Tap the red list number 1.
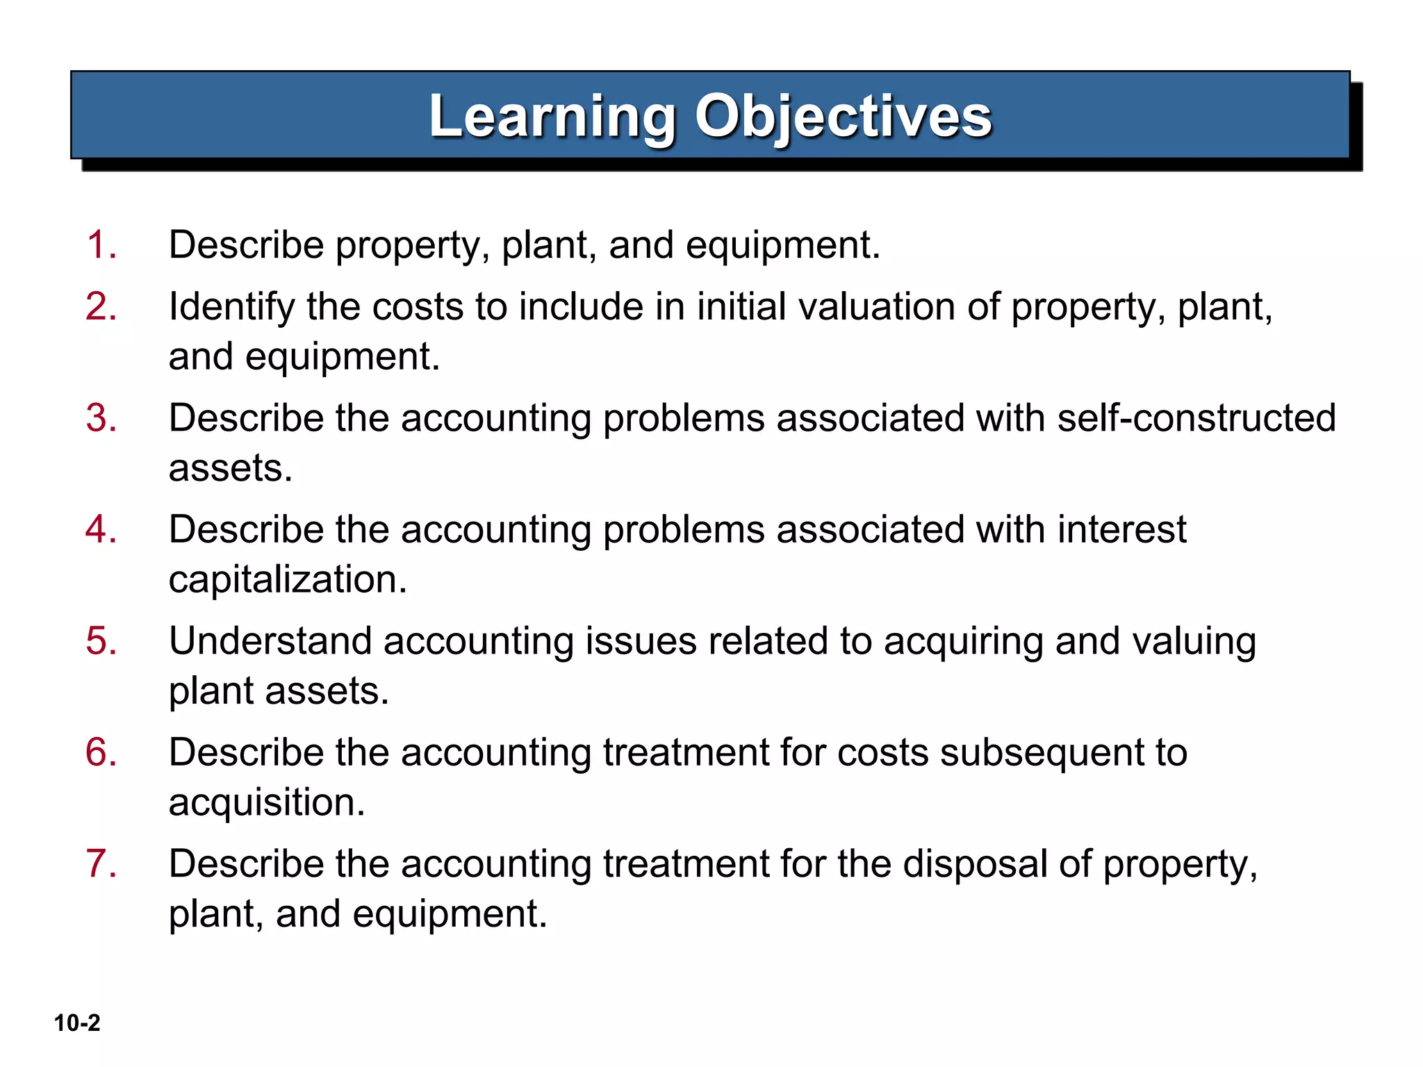pyautogui.click(x=101, y=245)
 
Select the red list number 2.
pyautogui.click(x=101, y=306)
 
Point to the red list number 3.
pyautogui.click(x=101, y=418)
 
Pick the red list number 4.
pyautogui.click(x=101, y=529)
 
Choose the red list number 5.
pyautogui.click(x=101, y=640)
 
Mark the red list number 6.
pyautogui.click(x=101, y=752)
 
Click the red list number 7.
pyautogui.click(x=101, y=864)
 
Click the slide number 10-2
pyautogui.click(x=77, y=1023)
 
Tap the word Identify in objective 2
pyautogui.click(x=231, y=308)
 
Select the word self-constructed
pyautogui.click(x=1196, y=418)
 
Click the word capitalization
pyautogui.click(x=288, y=580)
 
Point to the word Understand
pyautogui.click(x=270, y=640)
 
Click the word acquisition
pyautogui.click(x=267, y=803)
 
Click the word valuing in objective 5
pyautogui.click(x=1194, y=642)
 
